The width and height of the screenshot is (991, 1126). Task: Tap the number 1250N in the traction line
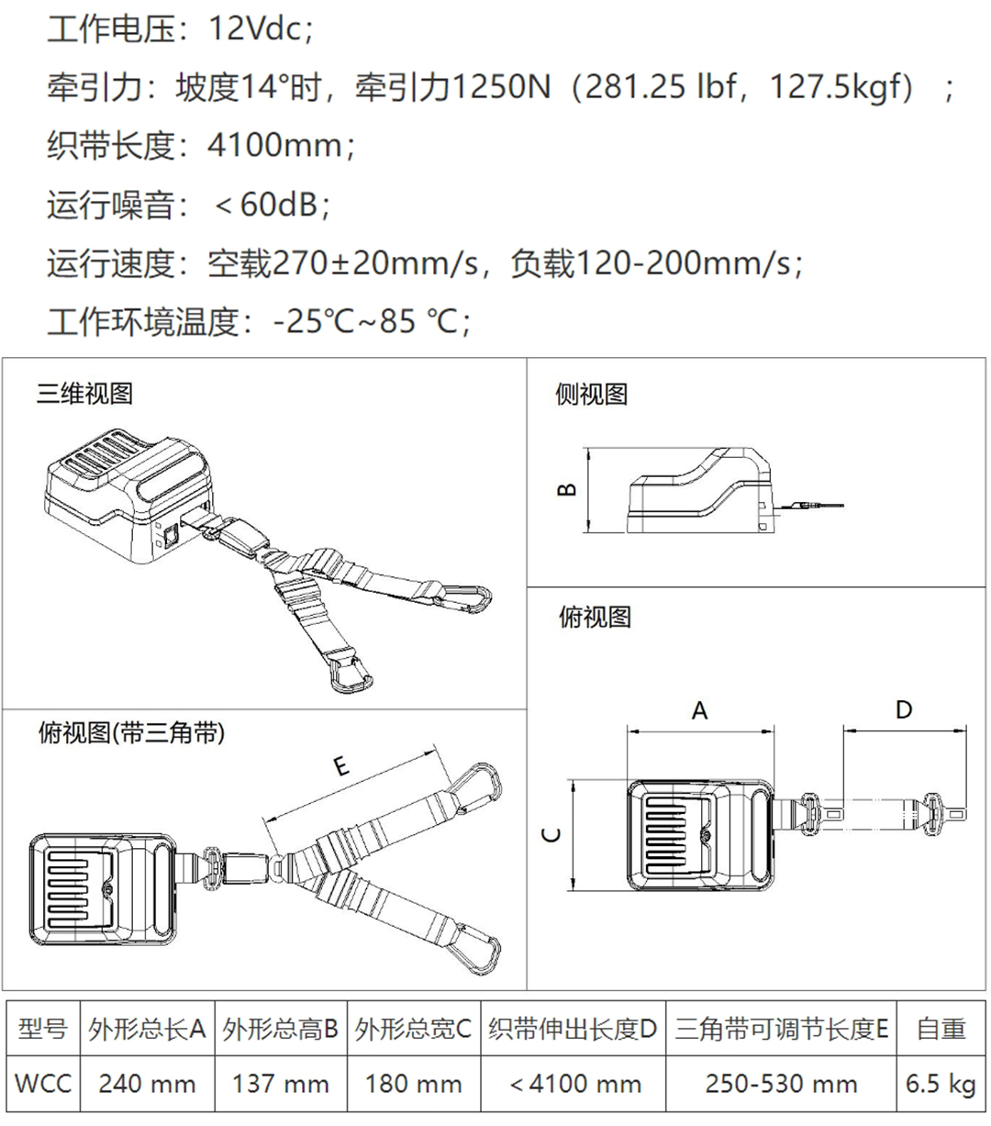[x=502, y=86]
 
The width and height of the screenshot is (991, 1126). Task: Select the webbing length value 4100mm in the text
[x=274, y=145]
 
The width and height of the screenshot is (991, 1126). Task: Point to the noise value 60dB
[x=278, y=204]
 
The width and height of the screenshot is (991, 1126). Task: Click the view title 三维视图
[x=84, y=394]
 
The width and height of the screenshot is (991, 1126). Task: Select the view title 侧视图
[x=591, y=394]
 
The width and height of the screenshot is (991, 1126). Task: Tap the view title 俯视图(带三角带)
[x=132, y=732]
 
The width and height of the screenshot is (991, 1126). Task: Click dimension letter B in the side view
[x=567, y=489]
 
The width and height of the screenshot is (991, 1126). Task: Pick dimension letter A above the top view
[x=700, y=710]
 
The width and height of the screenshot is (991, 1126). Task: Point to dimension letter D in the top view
[x=904, y=709]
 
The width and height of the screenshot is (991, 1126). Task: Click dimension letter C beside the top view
[x=551, y=834]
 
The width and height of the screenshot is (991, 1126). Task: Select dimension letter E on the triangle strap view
[x=342, y=766]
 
